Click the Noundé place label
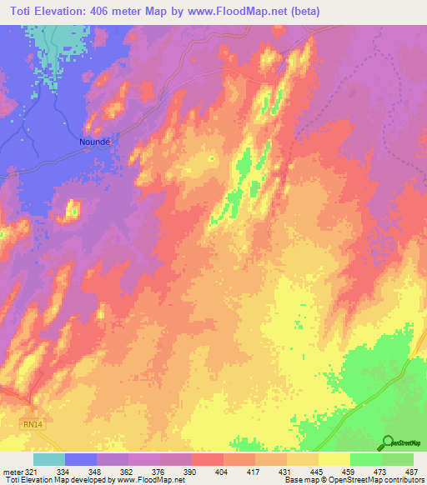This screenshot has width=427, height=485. click(94, 142)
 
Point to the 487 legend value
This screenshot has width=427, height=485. click(413, 471)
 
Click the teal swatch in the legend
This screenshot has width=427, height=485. click(49, 459)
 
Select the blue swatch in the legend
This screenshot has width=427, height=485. click(81, 459)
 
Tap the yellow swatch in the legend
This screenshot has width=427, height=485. click(334, 459)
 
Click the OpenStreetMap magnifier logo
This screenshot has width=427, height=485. click(387, 442)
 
